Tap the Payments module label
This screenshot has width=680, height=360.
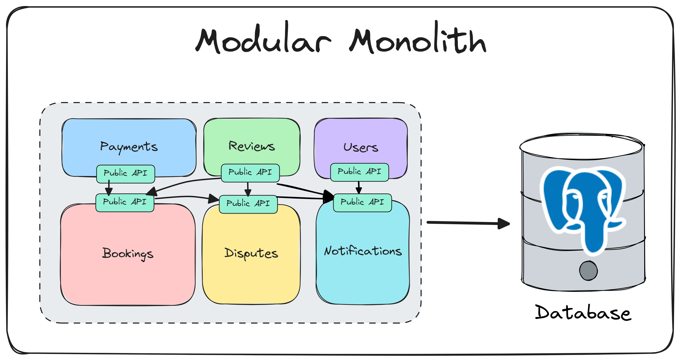click(129, 146)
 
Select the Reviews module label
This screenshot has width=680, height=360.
click(251, 146)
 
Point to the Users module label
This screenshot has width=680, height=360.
click(361, 147)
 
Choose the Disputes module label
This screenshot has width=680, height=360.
click(251, 253)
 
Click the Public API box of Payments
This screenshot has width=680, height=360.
click(126, 174)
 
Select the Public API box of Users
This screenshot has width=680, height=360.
click(359, 172)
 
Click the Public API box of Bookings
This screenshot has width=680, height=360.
click(125, 202)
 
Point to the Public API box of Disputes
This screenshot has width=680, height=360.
click(248, 204)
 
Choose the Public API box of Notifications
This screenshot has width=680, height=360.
click(362, 203)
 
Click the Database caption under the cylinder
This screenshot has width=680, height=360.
click(583, 313)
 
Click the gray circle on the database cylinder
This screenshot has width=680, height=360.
click(588, 271)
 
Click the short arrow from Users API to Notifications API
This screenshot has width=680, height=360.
click(359, 187)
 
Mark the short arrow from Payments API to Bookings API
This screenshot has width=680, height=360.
click(109, 188)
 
